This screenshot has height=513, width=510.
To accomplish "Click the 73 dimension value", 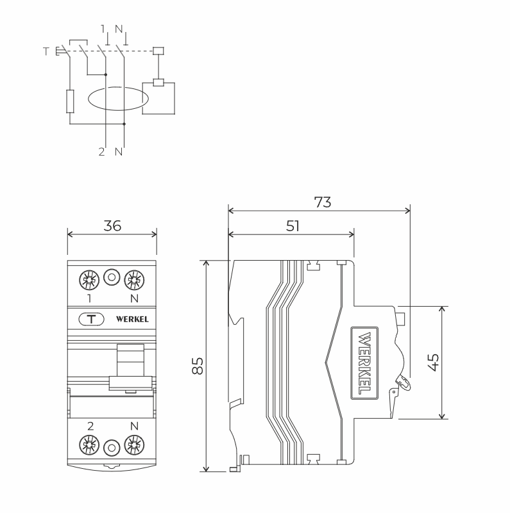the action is (x=323, y=202).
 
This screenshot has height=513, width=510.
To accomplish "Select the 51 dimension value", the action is (x=293, y=226).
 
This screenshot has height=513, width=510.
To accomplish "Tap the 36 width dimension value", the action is (x=112, y=225).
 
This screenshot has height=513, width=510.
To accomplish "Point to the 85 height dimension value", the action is (x=198, y=366).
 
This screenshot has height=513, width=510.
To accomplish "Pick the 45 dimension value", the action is (x=434, y=362).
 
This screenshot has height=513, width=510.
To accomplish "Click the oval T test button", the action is (x=92, y=319).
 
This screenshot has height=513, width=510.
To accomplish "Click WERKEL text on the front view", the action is (x=132, y=320).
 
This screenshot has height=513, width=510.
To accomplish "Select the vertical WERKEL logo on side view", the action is (x=364, y=363).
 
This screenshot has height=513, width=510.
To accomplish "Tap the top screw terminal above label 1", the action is (x=89, y=280).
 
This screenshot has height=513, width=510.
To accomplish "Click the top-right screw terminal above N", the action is (x=134, y=280).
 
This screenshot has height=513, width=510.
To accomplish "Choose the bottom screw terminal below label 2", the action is (x=89, y=444).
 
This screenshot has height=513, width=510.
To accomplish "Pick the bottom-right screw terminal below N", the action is (x=134, y=444).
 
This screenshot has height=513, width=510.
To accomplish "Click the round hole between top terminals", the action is (x=112, y=277).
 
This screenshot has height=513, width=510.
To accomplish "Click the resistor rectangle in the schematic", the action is (x=70, y=101).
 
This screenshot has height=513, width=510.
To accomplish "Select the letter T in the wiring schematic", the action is (x=46, y=51).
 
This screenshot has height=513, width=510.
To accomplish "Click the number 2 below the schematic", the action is (x=102, y=152).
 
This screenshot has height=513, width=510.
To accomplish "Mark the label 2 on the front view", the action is (x=90, y=426).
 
